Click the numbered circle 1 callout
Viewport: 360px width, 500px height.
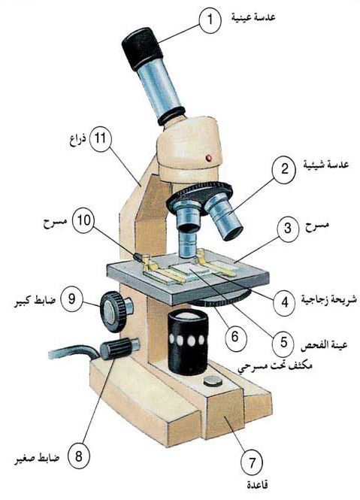pos(210,20)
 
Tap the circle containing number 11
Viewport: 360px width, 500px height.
pos(101,139)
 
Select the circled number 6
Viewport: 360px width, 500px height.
pos(236,336)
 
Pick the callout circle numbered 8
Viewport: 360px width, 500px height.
pos(79,456)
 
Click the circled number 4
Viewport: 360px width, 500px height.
pos(285,302)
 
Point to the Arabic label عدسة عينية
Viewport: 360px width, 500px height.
pos(253,18)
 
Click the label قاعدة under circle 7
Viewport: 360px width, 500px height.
pos(257,485)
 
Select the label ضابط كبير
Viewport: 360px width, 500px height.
pos(35,300)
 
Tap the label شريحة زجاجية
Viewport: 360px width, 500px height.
pos(328,300)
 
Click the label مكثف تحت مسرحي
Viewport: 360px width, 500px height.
pos(274,365)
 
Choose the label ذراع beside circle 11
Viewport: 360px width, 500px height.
pos(78,141)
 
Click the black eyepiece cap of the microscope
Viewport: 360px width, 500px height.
pos(142,48)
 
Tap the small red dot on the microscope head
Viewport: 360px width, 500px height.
pos(209,157)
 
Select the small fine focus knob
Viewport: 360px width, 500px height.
pos(119,348)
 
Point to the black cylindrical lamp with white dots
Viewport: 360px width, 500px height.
pos(188,341)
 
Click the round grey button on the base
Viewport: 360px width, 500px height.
pos(213,380)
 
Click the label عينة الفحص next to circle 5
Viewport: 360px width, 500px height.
pos(324,344)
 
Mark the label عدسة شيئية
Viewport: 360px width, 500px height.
pos(326,165)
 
